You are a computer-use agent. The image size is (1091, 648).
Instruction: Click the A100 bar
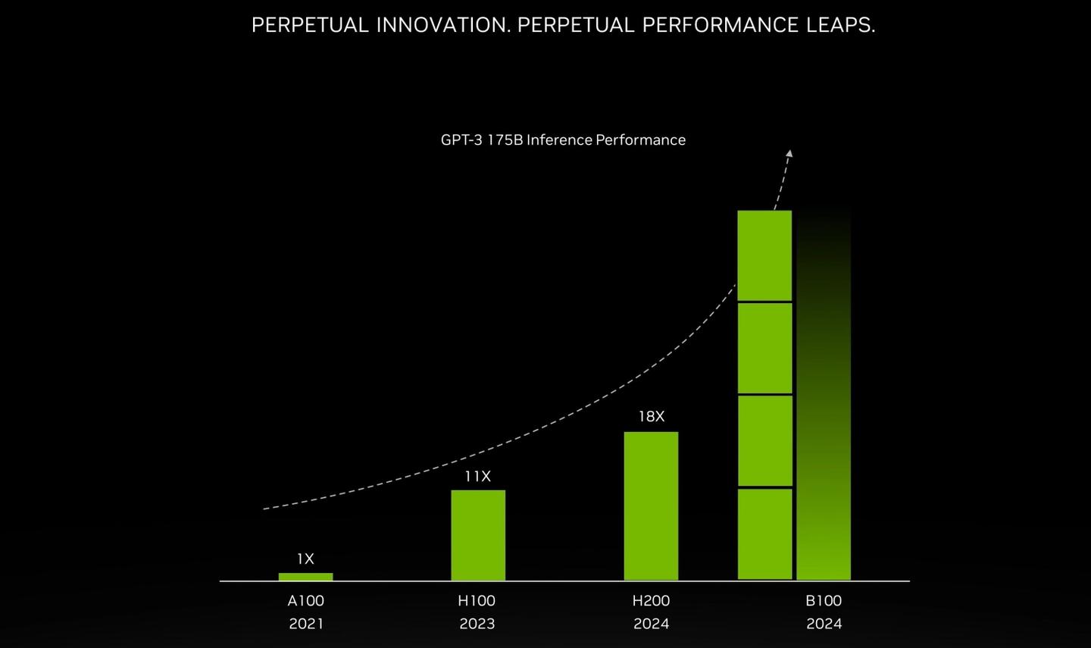305,577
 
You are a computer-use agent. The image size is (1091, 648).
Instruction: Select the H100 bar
478,535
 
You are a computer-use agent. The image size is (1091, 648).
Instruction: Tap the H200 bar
651,506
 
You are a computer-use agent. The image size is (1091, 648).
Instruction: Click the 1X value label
305,559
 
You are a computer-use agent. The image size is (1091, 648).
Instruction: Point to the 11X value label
477,477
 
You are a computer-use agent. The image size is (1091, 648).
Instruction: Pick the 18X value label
651,417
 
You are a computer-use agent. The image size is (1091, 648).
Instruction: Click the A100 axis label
305,601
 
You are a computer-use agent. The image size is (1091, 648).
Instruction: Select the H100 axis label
477,601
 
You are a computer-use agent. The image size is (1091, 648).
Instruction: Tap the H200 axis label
651,601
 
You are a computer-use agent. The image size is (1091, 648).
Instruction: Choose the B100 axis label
824,601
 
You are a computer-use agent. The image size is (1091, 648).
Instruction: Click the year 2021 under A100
305,624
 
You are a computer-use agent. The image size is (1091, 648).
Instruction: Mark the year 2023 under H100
477,624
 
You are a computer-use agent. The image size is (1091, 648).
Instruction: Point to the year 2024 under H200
651,624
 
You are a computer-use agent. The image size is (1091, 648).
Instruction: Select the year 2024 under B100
824,624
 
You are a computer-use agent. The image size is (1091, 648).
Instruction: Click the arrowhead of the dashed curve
789,154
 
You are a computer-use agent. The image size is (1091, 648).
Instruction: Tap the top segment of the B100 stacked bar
764,255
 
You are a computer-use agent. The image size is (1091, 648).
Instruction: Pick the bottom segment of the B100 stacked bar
764,534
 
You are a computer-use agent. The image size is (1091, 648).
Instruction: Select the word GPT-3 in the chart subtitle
461,140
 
